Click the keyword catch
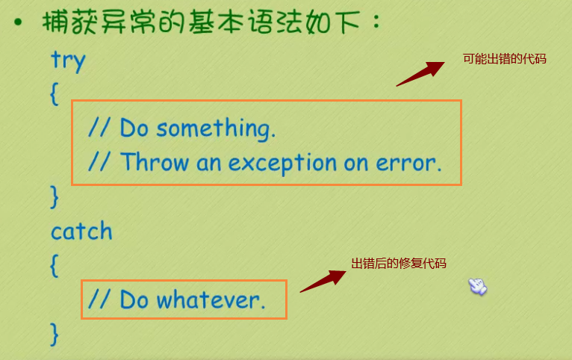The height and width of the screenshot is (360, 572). [x=81, y=231]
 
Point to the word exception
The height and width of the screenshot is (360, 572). [x=284, y=163]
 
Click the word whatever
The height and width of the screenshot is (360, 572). [x=211, y=300]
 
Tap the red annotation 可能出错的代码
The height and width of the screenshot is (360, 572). [x=505, y=58]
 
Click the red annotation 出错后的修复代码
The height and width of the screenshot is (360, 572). [x=399, y=263]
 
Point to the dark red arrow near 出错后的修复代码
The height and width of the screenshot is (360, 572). [x=323, y=281]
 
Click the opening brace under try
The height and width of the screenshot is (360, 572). [x=55, y=95]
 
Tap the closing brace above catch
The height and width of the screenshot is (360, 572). [x=55, y=196]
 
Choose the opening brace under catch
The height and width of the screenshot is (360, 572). [x=55, y=265]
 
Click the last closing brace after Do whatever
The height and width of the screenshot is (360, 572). [x=55, y=333]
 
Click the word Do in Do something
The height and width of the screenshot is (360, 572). [x=134, y=128]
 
